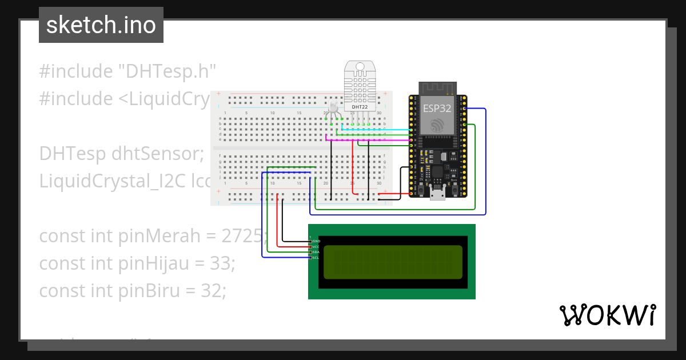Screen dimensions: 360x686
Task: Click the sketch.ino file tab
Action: [x=101, y=25]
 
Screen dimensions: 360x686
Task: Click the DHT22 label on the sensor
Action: [x=360, y=106]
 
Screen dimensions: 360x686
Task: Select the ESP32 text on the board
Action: [x=437, y=107]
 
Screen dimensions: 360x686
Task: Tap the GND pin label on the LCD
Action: [x=316, y=242]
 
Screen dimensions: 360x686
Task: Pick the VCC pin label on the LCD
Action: [x=316, y=247]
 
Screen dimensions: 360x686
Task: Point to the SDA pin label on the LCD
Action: [x=316, y=252]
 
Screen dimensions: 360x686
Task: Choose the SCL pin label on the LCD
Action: [x=316, y=258]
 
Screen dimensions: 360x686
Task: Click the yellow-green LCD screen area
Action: [x=393, y=262]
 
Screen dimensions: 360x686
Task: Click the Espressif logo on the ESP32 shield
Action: [x=437, y=125]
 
